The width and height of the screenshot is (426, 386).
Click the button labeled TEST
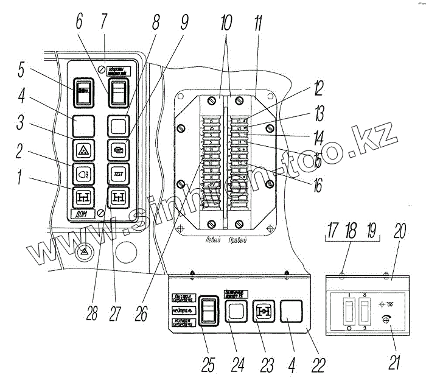tap(117, 173)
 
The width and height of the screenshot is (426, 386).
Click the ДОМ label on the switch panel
tap(80, 214)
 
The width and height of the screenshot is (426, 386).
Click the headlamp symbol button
tap(82, 174)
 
